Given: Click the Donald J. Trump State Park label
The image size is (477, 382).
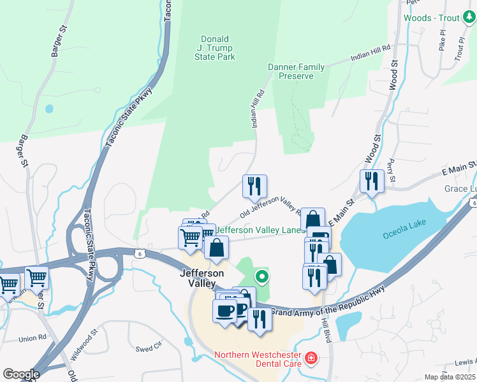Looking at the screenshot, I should click(214, 48).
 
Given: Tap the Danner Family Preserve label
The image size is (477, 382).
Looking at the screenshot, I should click(296, 71).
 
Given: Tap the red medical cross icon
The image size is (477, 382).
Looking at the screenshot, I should click(311, 359).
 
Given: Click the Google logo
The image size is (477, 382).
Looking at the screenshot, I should click(20, 374).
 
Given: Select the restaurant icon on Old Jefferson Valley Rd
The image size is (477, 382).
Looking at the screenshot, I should click(254, 186).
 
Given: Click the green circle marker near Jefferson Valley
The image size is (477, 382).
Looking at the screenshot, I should click(261, 276).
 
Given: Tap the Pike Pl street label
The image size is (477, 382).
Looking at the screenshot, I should click(442, 43).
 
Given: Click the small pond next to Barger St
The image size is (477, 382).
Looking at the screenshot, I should click(49, 109).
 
